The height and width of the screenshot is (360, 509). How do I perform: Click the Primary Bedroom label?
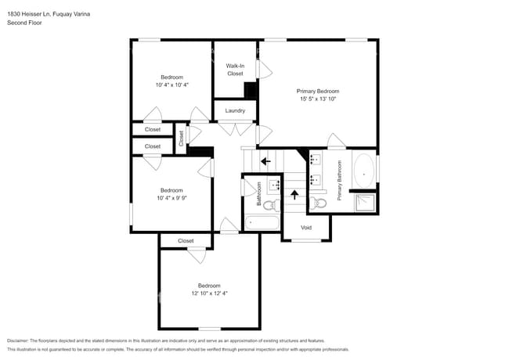(318, 92)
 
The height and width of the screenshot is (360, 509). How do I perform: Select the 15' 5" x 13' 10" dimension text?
(318, 99)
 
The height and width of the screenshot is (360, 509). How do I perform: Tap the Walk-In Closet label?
(235, 70)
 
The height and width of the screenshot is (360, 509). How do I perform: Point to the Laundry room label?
(235, 110)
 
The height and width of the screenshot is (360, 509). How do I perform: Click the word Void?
(306, 229)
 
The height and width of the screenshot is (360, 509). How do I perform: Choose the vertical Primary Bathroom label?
(340, 181)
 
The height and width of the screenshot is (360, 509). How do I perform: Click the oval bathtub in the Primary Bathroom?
(364, 172)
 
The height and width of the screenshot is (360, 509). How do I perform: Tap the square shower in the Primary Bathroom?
(364, 203)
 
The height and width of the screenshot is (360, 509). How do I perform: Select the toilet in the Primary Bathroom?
(318, 203)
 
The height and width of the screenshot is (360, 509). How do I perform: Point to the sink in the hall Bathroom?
(275, 186)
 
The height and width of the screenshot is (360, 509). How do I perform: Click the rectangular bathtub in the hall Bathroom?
(261, 223)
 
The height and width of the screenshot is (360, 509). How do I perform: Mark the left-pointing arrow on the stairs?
(265, 161)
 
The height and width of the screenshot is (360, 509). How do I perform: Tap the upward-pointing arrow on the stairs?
(295, 193)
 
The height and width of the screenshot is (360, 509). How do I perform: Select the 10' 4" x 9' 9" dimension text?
(171, 198)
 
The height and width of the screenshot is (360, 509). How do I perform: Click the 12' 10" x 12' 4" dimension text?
(208, 293)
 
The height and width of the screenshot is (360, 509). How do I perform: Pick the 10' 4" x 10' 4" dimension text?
(171, 85)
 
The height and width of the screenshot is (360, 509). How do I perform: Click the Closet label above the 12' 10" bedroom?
(186, 241)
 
